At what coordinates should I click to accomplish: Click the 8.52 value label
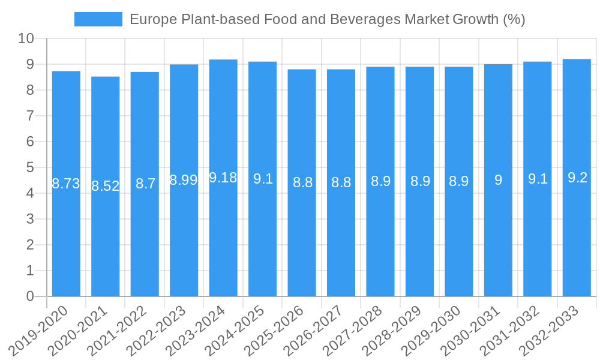[106, 186]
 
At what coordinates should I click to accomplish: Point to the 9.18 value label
[223, 178]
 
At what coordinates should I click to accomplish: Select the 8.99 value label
[184, 180]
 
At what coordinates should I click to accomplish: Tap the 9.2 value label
[577, 178]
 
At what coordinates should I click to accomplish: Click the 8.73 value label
[66, 184]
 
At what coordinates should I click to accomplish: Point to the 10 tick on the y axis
[26, 39]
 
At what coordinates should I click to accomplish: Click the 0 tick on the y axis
[30, 296]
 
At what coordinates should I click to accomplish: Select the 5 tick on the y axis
[30, 167]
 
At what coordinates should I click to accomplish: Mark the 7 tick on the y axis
[30, 116]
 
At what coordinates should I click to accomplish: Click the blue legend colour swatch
[98, 19]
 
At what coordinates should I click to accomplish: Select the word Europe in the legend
[152, 19]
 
